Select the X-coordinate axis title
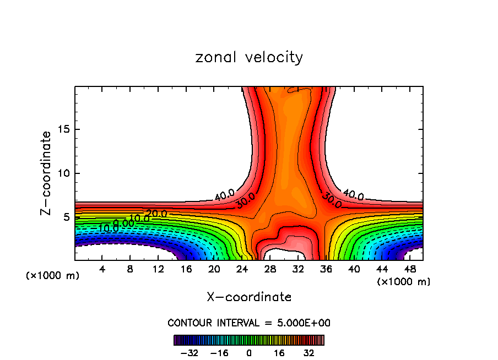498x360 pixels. [x=249, y=297]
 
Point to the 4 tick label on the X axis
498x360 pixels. [x=102, y=269]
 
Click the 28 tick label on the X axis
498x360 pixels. [x=270, y=269]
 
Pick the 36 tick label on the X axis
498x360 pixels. [x=326, y=269]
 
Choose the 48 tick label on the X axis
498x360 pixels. [x=410, y=269]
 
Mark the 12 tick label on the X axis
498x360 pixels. [x=158, y=269]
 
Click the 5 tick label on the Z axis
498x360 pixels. [x=64, y=217]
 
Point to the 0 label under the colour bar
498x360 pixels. [x=249, y=353]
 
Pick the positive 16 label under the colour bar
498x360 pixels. [x=279, y=353]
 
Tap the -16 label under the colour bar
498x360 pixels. [x=219, y=353]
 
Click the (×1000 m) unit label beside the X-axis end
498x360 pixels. [x=403, y=282]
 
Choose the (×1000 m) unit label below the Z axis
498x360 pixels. [x=53, y=276]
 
